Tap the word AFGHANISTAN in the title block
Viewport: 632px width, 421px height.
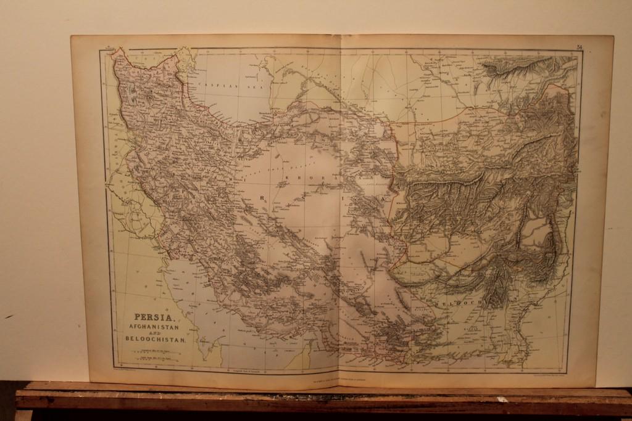(154, 327)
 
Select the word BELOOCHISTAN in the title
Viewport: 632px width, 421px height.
(160, 338)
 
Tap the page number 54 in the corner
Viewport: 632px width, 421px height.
(580, 47)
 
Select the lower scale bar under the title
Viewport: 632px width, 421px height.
(155, 357)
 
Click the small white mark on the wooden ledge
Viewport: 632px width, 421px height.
(502, 399)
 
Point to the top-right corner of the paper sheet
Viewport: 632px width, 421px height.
(613, 36)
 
